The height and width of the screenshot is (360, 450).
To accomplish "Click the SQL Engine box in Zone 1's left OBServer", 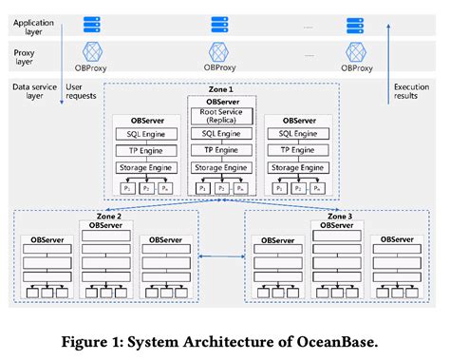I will (x=146, y=134).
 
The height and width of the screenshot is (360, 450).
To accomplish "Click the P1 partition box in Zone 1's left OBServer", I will (x=127, y=189).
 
